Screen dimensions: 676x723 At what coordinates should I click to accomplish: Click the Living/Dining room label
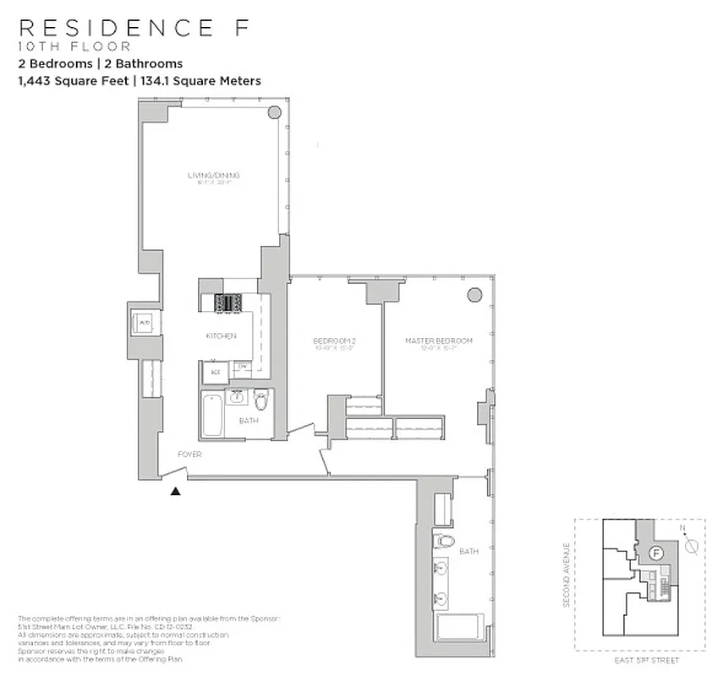click(214, 175)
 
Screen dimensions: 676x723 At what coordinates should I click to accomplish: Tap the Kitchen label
click(221, 335)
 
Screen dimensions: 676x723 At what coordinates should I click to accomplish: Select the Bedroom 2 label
click(332, 341)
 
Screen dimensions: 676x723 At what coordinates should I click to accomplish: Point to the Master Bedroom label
click(438, 341)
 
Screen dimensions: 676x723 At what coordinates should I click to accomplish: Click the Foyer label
click(189, 455)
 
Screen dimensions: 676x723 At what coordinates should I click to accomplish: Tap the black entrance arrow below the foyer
click(176, 490)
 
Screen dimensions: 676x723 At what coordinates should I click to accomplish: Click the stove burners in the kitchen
click(228, 302)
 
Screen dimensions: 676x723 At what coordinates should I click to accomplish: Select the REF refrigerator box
click(215, 371)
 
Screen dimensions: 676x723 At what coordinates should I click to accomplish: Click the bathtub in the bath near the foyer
click(211, 415)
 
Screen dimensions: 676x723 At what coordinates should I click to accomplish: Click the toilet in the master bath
click(443, 542)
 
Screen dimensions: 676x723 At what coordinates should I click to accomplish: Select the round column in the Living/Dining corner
click(275, 113)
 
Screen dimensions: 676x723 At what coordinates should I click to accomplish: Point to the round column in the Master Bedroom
click(475, 293)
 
